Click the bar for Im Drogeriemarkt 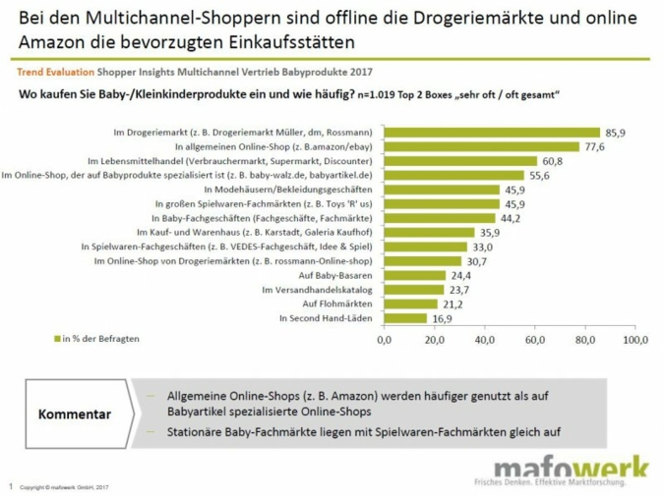click(x=490, y=132)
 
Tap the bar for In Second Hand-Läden click(x=403, y=318)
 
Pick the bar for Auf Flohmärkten click(x=408, y=304)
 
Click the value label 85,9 click(x=616, y=132)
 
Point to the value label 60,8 click(x=552, y=161)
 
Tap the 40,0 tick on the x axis click(x=483, y=340)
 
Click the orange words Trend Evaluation click(x=51, y=73)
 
